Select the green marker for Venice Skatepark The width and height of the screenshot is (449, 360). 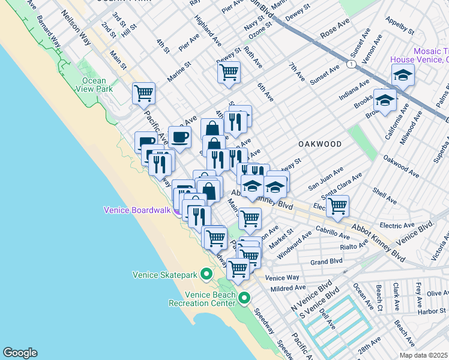206,275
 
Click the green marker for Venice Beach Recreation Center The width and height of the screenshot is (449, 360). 244,298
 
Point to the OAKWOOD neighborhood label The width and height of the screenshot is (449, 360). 320,144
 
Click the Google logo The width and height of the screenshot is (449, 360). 20,353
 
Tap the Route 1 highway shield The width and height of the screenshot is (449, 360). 350,64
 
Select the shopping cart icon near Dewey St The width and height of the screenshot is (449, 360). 229,72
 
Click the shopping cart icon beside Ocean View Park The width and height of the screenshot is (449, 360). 143,93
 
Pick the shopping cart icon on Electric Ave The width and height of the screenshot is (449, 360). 338,205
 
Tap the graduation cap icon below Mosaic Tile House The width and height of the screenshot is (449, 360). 403,75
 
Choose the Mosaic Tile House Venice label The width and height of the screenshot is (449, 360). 419,55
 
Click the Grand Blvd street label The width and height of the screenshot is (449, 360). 326,262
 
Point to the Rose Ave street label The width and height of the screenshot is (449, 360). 335,35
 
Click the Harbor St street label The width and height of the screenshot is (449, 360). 432,311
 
